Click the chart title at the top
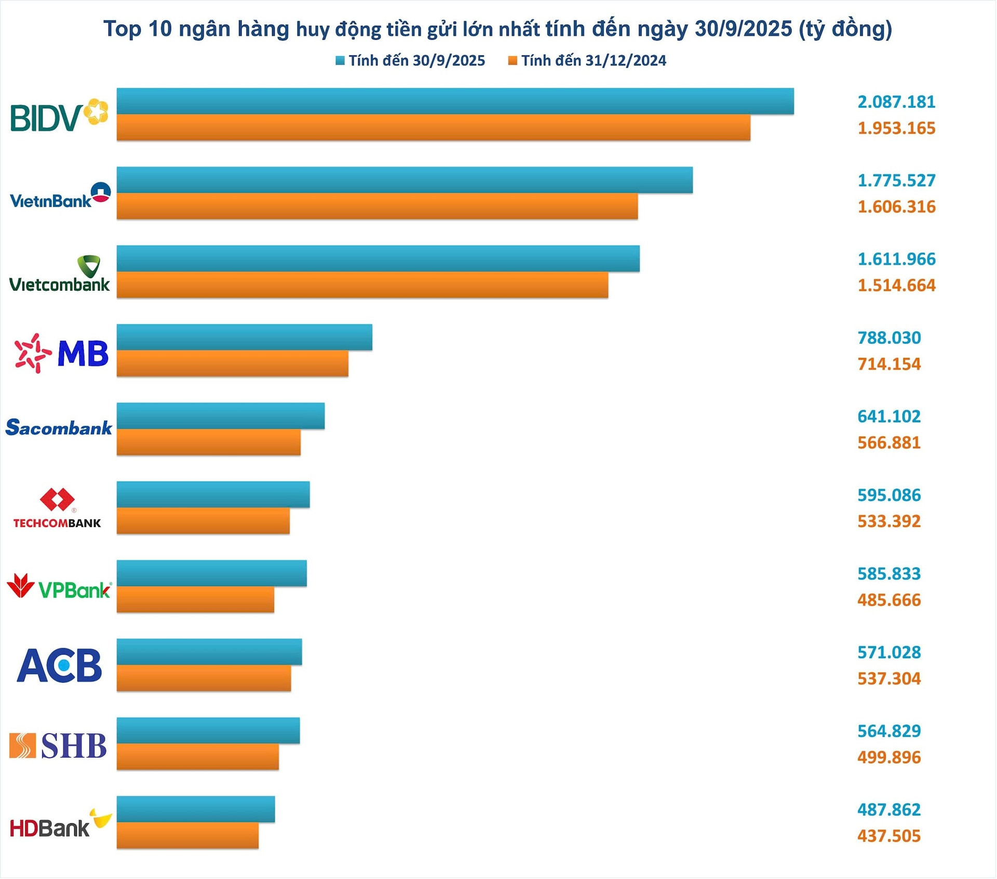[497, 29]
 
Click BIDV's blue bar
[455, 101]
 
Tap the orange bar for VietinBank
[377, 206]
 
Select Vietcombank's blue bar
[378, 259]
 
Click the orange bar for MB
[232, 363]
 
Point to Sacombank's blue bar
[221, 416]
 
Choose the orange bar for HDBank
[187, 835]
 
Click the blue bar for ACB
[209, 652]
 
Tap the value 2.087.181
[896, 102]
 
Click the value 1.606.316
[896, 207]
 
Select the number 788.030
[889, 338]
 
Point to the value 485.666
[889, 600]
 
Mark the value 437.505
[889, 836]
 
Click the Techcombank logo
[57, 508]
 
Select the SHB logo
[58, 746]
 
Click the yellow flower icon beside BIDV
[97, 112]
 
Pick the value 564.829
[889, 731]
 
